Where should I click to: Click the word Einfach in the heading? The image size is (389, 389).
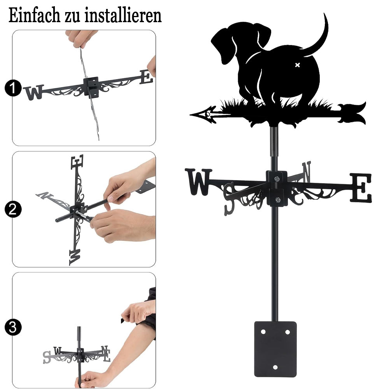click(x=34, y=16)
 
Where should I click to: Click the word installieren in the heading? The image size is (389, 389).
click(x=123, y=16)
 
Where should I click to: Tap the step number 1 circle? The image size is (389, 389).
click(x=13, y=88)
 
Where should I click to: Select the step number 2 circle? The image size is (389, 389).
click(x=13, y=209)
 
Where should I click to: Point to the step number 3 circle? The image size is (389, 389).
click(x=13, y=327)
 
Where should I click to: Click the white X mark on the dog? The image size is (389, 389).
click(x=298, y=65)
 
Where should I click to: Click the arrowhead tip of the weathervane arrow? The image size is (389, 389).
click(x=191, y=115)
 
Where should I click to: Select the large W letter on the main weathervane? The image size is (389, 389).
click(x=198, y=182)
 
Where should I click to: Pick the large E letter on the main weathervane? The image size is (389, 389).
click(x=361, y=188)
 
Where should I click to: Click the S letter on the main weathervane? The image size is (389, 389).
click(x=229, y=199)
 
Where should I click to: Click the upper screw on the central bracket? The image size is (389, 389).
click(x=277, y=179)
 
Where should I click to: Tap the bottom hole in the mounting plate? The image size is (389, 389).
click(x=275, y=367)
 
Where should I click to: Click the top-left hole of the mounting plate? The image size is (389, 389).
click(x=263, y=332)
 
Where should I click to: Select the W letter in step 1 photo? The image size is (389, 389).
click(x=34, y=92)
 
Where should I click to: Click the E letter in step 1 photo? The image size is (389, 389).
click(x=146, y=77)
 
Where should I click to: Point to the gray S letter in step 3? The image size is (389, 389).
click(x=47, y=357)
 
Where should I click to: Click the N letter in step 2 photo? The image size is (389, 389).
click(x=45, y=195)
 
